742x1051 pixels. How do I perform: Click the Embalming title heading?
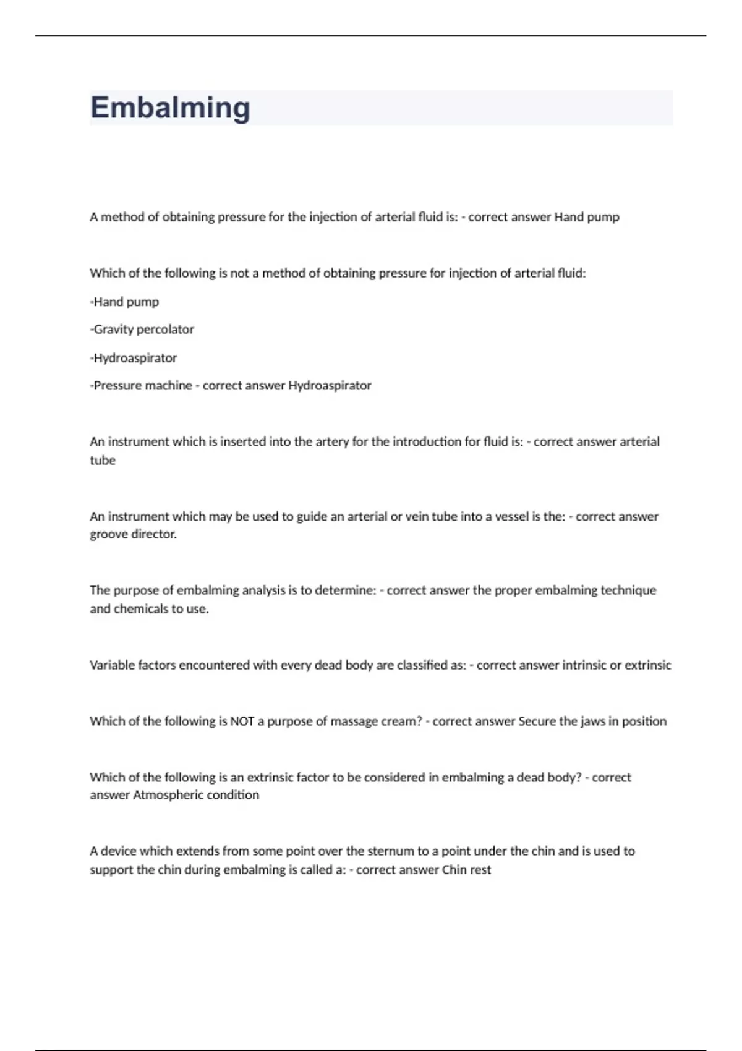click(x=170, y=108)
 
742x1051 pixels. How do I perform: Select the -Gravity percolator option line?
click(x=142, y=330)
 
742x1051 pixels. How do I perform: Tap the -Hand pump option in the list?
click(x=124, y=302)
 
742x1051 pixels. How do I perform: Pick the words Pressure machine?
click(x=143, y=386)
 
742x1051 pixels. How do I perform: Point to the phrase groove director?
click(x=133, y=534)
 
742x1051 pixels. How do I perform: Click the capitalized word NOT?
click(x=242, y=721)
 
